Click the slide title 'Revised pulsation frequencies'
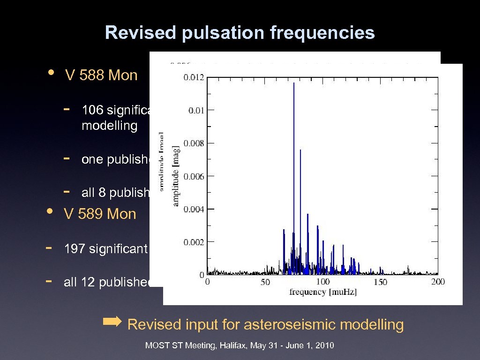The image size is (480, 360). pos(240,33)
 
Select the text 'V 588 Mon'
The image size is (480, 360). pos(101,75)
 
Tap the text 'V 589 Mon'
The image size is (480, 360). pos(100,214)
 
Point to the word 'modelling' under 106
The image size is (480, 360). pos(109,126)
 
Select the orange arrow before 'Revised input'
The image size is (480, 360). pos(112,322)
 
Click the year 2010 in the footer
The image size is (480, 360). pos(325,346)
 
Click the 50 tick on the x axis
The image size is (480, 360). pos(265,282)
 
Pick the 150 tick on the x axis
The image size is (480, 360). pos(380,282)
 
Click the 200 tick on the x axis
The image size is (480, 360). pos(438,282)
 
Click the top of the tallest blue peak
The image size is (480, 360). pos(294,83)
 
